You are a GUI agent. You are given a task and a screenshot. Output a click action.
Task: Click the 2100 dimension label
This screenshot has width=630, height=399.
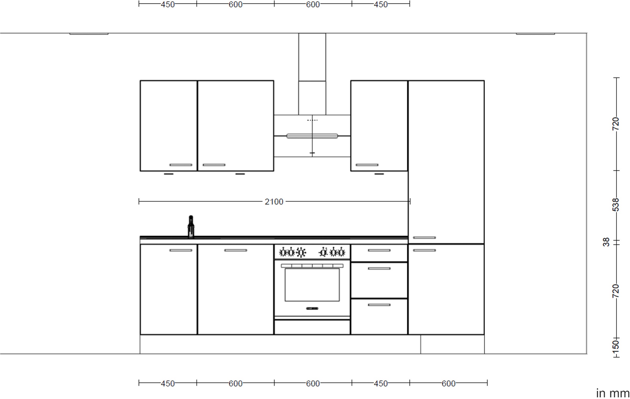[274, 202]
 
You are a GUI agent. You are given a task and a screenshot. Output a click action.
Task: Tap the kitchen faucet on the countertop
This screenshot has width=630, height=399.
[191, 227]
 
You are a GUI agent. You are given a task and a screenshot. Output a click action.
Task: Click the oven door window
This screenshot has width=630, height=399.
[312, 285]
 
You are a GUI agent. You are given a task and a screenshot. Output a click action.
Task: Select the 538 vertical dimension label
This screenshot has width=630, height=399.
[616, 205]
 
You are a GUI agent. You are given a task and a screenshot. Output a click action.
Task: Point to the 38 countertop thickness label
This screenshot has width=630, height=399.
[606, 242]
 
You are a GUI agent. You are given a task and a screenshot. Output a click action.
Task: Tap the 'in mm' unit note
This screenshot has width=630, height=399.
[613, 393]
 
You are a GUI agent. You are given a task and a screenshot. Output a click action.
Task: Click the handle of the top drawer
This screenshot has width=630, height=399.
[379, 250]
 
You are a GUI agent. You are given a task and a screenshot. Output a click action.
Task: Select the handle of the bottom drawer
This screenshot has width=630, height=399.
[379, 305]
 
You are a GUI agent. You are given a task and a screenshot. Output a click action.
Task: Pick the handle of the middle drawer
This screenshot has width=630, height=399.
[379, 269]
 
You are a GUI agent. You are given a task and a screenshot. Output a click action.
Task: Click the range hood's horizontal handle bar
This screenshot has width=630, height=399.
[312, 136]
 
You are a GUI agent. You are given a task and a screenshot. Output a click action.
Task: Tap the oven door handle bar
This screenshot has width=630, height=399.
[312, 266]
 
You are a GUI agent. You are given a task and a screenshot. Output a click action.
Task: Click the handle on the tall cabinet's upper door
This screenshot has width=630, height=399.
[424, 238]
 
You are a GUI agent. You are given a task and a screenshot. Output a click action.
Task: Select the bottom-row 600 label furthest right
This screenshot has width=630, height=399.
[448, 384]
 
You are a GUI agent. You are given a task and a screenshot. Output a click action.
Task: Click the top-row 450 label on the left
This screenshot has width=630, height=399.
[167, 4]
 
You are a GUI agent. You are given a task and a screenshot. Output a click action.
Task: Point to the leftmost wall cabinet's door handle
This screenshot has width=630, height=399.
[181, 165]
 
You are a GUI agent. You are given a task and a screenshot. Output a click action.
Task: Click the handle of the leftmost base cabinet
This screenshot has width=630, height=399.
[181, 250]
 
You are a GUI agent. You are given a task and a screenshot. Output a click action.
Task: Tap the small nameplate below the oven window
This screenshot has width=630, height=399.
[312, 308]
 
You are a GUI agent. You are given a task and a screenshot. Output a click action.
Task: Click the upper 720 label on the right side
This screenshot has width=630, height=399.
[616, 124]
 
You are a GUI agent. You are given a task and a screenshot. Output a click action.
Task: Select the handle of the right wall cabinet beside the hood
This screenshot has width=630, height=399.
[367, 165]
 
